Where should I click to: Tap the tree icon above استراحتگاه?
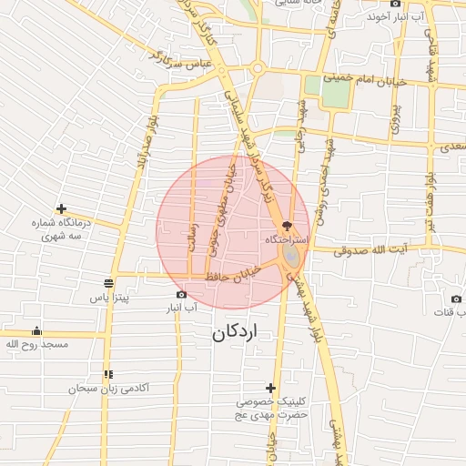(x=289, y=225)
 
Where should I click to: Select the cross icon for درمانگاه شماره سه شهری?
(x=61, y=208)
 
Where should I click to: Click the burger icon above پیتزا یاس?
(x=109, y=282)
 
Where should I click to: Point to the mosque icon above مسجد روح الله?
(x=36, y=330)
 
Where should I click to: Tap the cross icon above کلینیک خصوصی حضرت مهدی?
(x=269, y=388)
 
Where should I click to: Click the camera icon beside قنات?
(x=456, y=299)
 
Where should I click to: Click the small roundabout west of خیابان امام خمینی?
(x=258, y=68)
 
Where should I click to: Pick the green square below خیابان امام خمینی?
(x=314, y=85)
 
